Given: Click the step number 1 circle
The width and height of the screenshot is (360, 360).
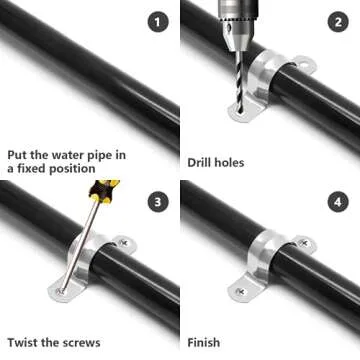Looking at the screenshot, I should tap(156, 19).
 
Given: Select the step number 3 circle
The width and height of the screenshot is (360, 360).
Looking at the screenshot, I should tap(156, 203).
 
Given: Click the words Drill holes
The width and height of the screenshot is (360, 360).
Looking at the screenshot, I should tap(216, 161).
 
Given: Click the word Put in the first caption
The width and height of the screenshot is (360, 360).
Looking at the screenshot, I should tap(19, 155).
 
